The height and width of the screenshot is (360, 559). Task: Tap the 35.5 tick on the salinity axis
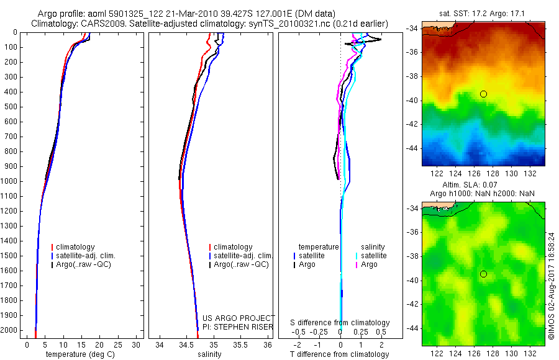click(240, 344)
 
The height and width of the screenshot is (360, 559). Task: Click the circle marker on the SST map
click(483, 94)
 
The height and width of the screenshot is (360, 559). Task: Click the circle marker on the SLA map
click(483, 274)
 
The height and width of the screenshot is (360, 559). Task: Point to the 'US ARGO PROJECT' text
click(239, 318)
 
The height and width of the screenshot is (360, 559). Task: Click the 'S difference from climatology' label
click(340, 323)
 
